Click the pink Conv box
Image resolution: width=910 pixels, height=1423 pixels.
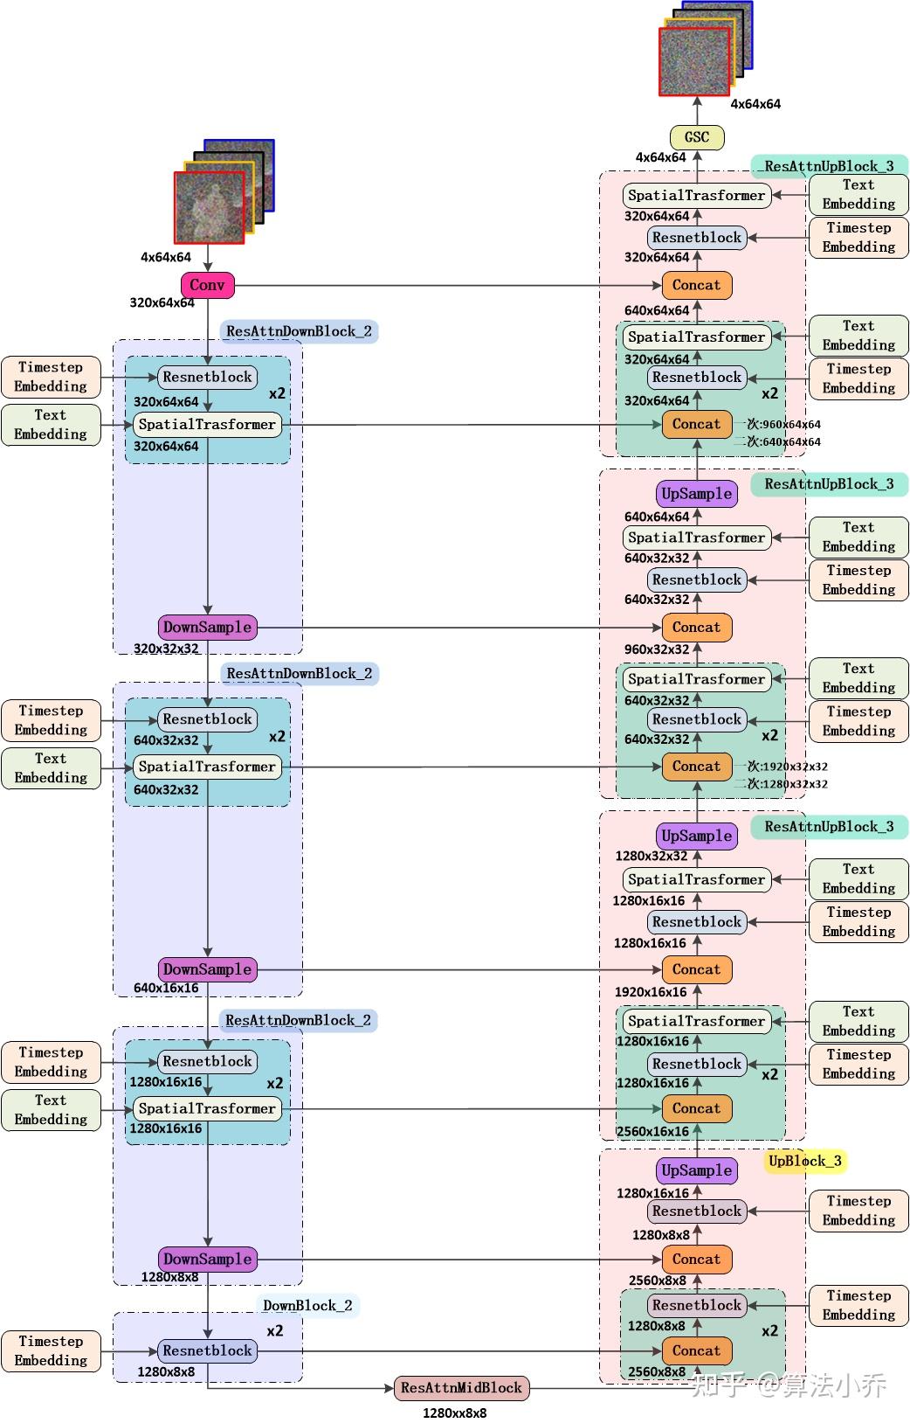pos(207,285)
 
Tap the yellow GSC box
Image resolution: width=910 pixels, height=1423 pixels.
pos(696,137)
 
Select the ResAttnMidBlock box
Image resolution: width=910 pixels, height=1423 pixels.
pos(461,1388)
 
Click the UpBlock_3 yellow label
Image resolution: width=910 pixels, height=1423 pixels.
pos(804,1161)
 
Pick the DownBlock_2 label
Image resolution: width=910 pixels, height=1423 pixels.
pos(307,1305)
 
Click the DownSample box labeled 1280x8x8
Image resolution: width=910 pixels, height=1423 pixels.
pos(207,1260)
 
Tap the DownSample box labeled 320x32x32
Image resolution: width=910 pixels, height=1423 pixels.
pos(207,627)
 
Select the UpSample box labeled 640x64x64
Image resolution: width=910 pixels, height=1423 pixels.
pos(696,494)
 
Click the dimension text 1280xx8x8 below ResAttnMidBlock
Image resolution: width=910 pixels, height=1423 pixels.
pos(454,1413)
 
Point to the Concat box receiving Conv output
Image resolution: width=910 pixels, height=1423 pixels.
pos(696,285)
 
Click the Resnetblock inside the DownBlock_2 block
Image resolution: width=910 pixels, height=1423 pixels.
pos(207,1350)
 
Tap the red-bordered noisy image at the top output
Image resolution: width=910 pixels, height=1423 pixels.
pos(693,61)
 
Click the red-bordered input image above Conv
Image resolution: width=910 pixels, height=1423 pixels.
pos(209,207)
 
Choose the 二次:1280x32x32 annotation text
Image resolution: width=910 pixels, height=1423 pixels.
pos(782,784)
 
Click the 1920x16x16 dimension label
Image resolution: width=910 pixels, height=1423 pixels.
pos(651,992)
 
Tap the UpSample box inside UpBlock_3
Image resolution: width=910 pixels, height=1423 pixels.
pos(696,1170)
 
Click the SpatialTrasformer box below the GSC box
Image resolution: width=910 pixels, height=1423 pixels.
pos(696,196)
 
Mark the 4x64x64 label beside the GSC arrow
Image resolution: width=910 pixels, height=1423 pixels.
pos(660,157)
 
